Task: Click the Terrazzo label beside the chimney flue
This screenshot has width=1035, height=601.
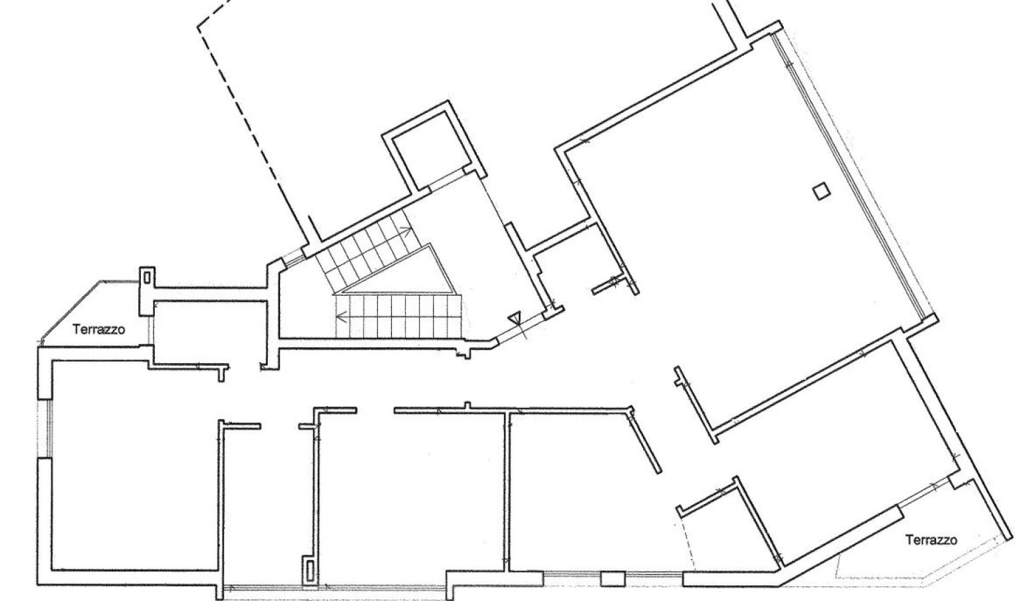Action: click(x=99, y=329)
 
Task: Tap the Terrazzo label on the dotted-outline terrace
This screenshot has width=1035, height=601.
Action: click(x=931, y=540)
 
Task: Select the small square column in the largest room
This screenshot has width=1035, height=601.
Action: click(x=821, y=192)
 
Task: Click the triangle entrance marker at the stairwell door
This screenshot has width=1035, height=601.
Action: click(x=514, y=319)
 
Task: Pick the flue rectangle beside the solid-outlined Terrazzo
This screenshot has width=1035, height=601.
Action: click(x=148, y=278)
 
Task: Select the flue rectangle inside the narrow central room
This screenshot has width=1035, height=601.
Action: click(x=309, y=570)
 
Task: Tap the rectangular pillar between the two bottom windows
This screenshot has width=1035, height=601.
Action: click(x=613, y=579)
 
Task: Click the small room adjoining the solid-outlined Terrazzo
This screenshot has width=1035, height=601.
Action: click(x=210, y=332)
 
